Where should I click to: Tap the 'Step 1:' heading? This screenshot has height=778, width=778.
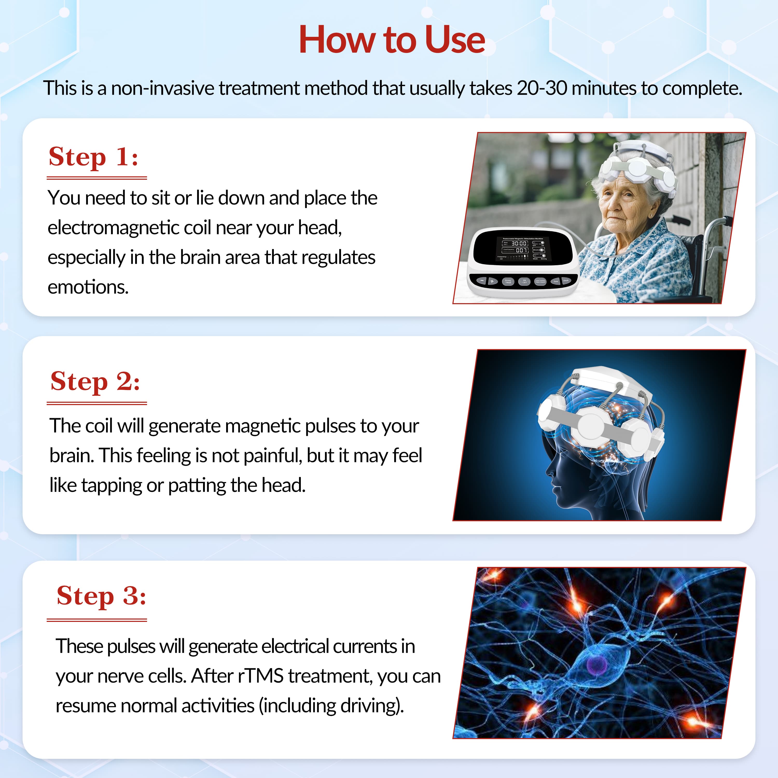click(x=93, y=157)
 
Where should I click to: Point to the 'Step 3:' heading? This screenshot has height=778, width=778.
click(x=101, y=596)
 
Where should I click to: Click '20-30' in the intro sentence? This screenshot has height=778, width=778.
click(x=542, y=88)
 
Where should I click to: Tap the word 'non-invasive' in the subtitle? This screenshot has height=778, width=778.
click(x=163, y=88)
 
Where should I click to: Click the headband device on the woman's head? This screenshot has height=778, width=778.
click(x=636, y=167)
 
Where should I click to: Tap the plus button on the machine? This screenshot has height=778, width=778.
click(x=492, y=281)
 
